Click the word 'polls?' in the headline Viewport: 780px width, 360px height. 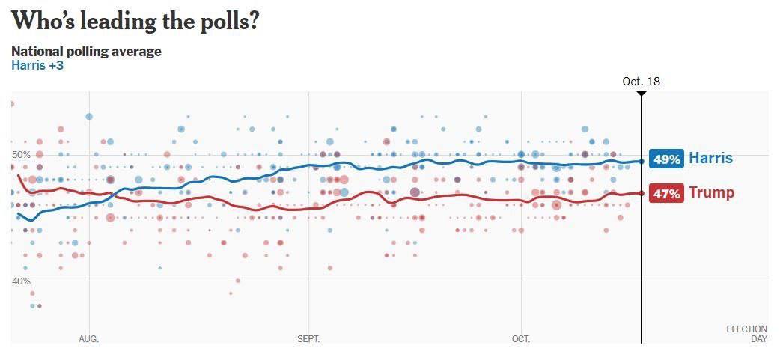[x=229, y=22]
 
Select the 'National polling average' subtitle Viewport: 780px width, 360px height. [x=86, y=52]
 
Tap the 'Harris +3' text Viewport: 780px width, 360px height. [x=37, y=65]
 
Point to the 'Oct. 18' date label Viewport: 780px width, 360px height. [x=641, y=82]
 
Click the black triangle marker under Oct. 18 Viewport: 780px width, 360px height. [x=641, y=94]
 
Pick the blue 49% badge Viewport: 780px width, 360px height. [x=666, y=159]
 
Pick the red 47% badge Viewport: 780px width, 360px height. [x=666, y=194]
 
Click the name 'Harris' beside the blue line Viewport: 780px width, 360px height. [x=710, y=159]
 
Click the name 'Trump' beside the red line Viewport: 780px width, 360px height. [x=711, y=193]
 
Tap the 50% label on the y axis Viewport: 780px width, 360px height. [x=21, y=155]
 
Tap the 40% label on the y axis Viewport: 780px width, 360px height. [x=21, y=281]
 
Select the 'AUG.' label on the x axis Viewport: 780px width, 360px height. [x=88, y=339]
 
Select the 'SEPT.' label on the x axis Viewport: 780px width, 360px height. [x=308, y=339]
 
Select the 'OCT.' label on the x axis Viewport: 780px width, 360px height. [x=520, y=339]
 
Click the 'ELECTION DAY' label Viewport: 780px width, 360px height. [x=746, y=334]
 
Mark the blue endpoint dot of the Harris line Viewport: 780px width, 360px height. [x=642, y=161]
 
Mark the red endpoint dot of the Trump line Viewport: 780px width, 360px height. [x=642, y=193]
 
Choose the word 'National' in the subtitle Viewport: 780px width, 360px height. [x=37, y=52]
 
